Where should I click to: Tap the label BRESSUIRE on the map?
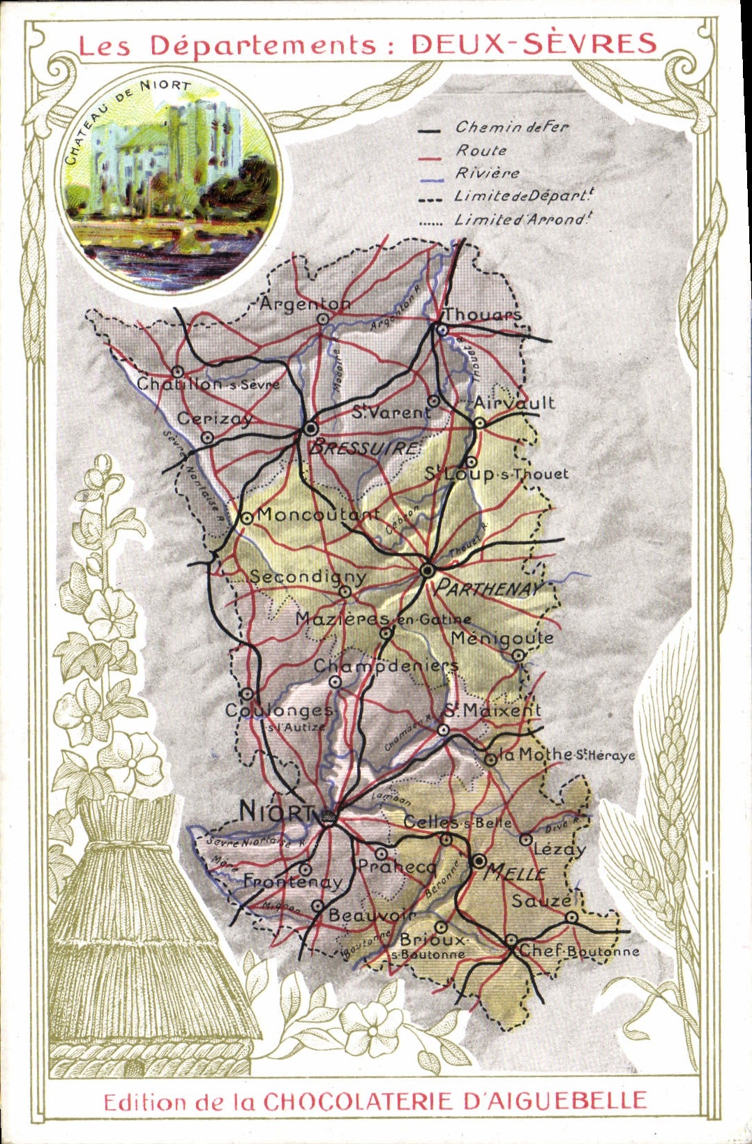365,447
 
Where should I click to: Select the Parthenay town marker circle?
428,571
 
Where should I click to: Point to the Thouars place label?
483,315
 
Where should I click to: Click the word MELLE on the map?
516,873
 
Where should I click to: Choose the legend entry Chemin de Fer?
511,128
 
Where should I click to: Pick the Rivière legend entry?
488,173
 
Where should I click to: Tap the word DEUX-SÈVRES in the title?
534,44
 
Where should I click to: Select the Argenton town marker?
323,319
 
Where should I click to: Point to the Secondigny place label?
308,577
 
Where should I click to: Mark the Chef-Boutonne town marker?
511,940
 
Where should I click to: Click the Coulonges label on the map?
279,711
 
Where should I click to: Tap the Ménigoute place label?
502,638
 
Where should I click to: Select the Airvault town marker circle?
480,423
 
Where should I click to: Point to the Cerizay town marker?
207,437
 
